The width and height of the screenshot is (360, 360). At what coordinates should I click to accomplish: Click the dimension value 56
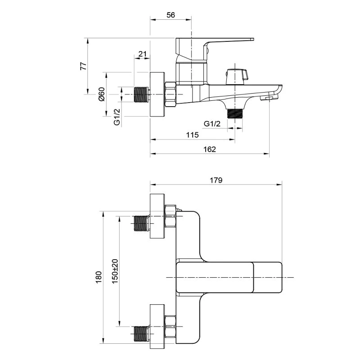[x=171, y=15]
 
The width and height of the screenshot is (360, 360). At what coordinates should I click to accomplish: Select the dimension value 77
[x=84, y=66]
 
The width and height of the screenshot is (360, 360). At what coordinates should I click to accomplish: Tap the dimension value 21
[x=142, y=54]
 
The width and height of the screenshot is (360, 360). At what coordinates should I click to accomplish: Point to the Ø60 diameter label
[x=102, y=94]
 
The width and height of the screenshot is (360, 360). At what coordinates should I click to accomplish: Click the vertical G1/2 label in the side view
[x=117, y=117]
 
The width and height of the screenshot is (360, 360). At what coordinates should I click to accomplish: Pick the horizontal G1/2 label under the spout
[x=212, y=124]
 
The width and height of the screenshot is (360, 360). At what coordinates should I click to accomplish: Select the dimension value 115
[x=192, y=135]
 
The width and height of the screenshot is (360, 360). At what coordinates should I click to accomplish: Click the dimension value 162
[x=210, y=149]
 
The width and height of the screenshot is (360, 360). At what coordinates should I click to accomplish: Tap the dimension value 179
[x=216, y=180]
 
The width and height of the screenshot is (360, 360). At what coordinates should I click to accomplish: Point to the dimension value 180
[x=99, y=277]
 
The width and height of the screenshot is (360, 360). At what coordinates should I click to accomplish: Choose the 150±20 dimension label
[x=115, y=271]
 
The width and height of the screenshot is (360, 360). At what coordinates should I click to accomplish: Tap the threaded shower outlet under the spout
[x=234, y=114]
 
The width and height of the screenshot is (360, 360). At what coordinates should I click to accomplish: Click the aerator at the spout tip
[x=268, y=98]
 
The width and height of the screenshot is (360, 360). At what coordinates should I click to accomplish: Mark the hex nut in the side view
[x=171, y=94]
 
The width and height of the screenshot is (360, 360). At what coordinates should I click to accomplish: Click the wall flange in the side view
[x=157, y=94]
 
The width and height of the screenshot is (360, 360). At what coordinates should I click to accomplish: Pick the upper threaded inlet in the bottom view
[x=141, y=223]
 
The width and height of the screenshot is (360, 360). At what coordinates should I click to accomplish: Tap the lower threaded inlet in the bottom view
[x=141, y=333]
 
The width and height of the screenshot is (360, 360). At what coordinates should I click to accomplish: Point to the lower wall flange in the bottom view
[x=157, y=326]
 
